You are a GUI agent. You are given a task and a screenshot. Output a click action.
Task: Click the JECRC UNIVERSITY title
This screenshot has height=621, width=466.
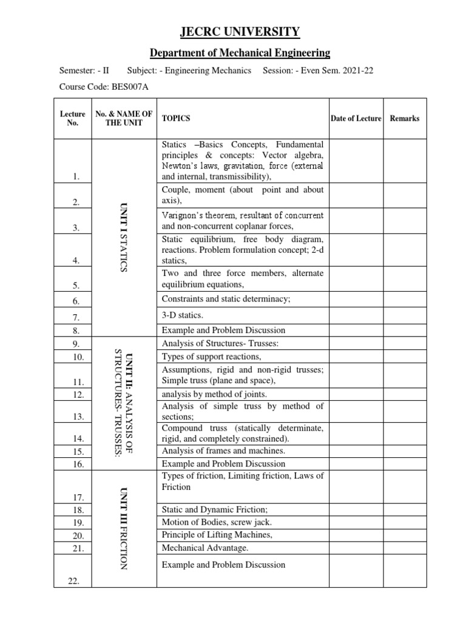tap(233, 32)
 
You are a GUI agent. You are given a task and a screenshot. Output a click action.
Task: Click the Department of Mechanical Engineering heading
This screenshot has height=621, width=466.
tap(233, 53)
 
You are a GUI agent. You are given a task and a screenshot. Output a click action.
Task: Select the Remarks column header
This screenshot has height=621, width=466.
tap(404, 118)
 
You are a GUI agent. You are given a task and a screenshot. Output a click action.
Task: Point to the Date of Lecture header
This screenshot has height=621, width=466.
tap(356, 118)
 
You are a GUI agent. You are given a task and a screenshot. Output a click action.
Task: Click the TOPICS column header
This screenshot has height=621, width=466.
tap(176, 118)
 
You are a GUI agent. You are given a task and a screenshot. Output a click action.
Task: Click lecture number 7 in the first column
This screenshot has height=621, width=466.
tap(76, 317)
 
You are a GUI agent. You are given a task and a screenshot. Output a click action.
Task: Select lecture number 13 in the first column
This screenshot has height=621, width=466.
tap(77, 417)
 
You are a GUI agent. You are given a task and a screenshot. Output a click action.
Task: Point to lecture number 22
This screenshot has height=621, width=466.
tap(75, 581)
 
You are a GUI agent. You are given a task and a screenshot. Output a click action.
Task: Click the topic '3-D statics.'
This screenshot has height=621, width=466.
tap(183, 315)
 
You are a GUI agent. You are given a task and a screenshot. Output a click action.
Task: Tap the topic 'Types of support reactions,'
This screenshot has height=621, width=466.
tap(211, 356)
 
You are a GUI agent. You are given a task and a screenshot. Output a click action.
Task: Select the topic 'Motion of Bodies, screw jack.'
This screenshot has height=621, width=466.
tap(217, 522)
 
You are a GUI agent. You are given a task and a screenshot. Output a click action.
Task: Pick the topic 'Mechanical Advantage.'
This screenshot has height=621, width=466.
tap(205, 548)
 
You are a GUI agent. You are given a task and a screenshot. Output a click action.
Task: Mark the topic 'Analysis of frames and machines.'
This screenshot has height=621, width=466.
tap(223, 451)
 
